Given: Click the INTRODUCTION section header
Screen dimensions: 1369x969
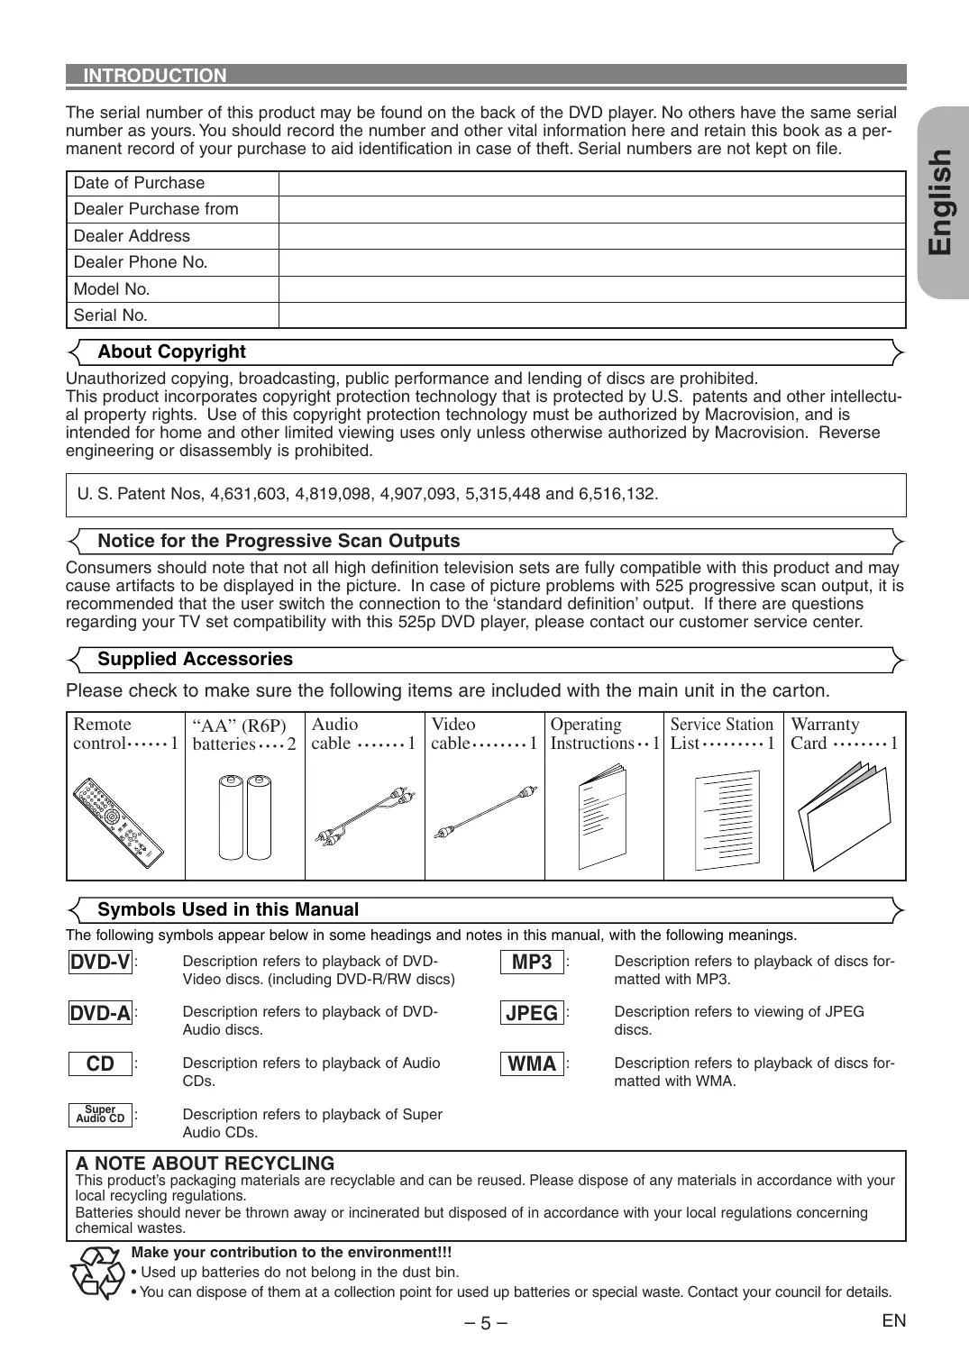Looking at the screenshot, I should point(155,76).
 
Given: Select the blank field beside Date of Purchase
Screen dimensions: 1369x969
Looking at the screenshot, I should point(591,183).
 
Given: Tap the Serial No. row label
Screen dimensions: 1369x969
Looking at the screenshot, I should point(111,315).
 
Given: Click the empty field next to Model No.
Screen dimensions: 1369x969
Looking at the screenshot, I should point(591,289).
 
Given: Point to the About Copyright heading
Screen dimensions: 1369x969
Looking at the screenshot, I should point(171,351).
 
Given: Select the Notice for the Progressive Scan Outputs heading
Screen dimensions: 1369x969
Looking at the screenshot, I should point(279,541).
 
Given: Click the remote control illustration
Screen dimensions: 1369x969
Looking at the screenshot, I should point(120,818).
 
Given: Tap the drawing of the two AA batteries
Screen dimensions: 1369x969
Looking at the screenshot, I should point(245,817).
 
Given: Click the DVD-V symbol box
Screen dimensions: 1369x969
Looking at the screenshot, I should point(101,962).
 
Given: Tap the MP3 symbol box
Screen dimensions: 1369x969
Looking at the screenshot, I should point(532,962).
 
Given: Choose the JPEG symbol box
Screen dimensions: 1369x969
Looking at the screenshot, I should point(532,1013).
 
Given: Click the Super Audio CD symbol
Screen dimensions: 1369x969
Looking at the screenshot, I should point(101,1115).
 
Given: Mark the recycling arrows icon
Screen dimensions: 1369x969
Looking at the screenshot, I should point(96,1273).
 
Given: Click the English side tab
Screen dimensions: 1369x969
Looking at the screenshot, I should point(943,202).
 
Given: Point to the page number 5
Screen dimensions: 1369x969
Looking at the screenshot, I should point(485,1323).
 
